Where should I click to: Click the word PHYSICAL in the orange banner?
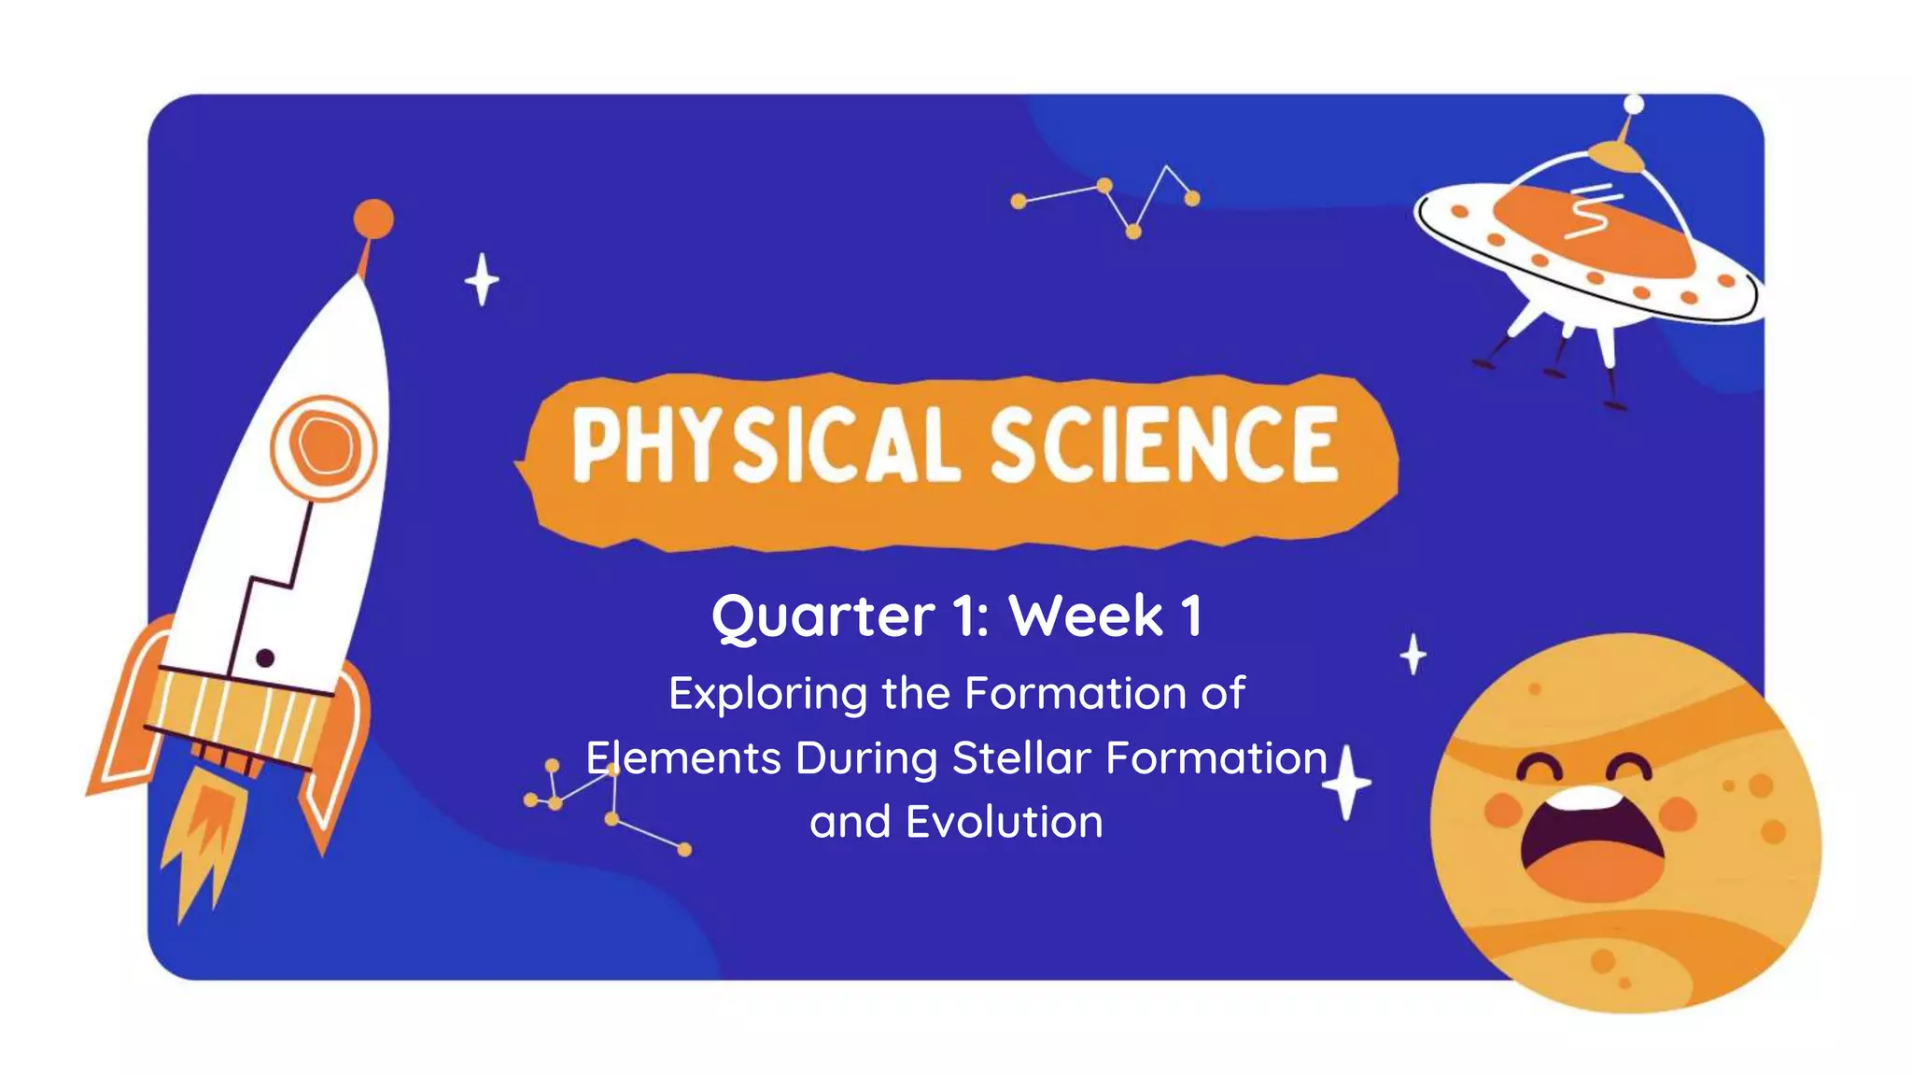(x=766, y=446)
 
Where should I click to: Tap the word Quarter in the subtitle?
(x=822, y=617)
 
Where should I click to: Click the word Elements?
(x=683, y=757)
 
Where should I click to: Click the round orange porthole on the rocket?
(x=324, y=446)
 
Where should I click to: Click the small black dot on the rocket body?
(x=265, y=658)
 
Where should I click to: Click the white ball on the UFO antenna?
(x=1634, y=104)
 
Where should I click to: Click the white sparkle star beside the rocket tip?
(x=482, y=279)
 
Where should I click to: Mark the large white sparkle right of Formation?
(x=1346, y=783)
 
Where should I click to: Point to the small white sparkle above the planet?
(x=1413, y=654)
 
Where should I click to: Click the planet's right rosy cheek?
(x=1678, y=812)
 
